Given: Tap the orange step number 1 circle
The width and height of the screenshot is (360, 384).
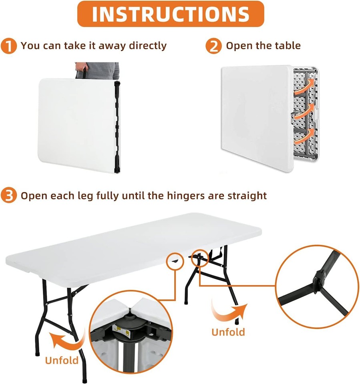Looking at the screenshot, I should (9, 46).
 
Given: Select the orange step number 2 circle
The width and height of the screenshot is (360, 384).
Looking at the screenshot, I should (213, 46).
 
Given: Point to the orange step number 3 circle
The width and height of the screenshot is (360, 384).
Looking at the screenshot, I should (9, 196).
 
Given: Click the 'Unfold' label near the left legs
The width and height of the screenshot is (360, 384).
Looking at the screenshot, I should (62, 360).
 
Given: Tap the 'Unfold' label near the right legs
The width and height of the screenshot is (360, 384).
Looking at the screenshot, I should (228, 332).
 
